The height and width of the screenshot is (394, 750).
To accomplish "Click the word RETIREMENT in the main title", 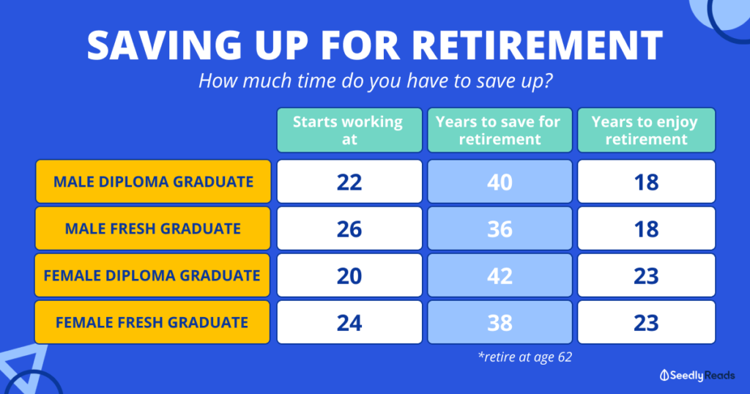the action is pos(537,45).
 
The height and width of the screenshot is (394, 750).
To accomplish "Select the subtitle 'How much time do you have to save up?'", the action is pos(376,81).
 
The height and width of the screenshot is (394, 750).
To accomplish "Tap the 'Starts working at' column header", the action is pos(349,130).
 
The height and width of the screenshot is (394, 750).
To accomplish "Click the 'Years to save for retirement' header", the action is pos(500,130).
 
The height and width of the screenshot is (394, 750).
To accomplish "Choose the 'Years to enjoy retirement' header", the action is pos(646,130).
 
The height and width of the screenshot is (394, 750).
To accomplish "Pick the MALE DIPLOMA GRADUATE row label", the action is pos(153,182).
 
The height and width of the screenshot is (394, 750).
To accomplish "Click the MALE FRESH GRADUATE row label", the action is pos(153,228).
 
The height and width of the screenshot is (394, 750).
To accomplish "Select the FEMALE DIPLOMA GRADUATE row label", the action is pos(152,275).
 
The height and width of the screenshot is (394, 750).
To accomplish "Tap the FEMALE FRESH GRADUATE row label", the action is pos(152,322).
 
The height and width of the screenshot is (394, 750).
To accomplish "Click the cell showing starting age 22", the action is pos(349,182).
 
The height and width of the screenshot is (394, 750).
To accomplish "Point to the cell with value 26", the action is pos(349,228).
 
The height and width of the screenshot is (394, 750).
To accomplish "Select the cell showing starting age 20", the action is pos(349,275).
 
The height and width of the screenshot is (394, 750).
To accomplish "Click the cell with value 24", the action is pos(349,322).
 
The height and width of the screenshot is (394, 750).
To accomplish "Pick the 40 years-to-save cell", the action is pos(500,182).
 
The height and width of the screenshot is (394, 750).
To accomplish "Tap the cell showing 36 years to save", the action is pos(500,228).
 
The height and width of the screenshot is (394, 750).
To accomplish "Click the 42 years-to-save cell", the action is pos(500,275).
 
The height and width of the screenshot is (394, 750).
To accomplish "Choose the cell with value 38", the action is pos(500,322).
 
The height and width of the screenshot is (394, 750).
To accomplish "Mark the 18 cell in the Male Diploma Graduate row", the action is pos(646,182).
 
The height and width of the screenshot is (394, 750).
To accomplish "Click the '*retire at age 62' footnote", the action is pos(524,357).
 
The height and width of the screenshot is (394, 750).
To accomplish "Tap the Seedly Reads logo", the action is pos(697,376).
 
